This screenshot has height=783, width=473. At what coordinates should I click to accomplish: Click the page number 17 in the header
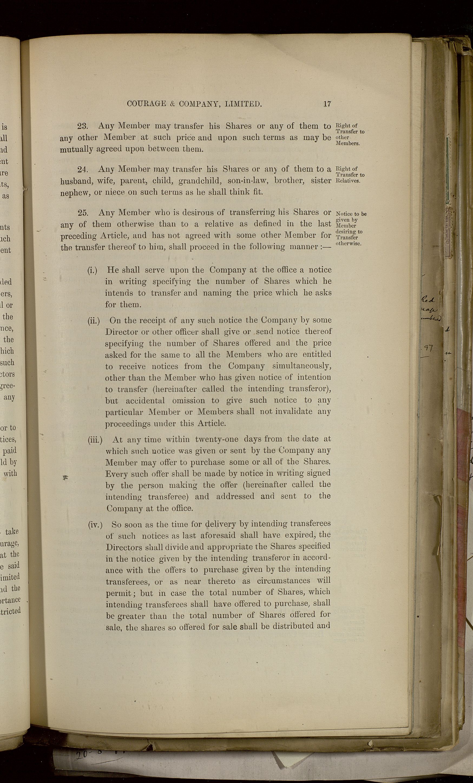(327, 104)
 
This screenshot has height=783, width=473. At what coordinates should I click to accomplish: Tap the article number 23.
(83, 126)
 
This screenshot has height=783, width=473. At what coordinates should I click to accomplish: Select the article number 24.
(82, 169)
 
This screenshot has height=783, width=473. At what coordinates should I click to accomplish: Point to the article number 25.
(83, 213)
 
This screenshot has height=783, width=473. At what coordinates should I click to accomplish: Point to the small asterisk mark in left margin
(66, 477)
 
